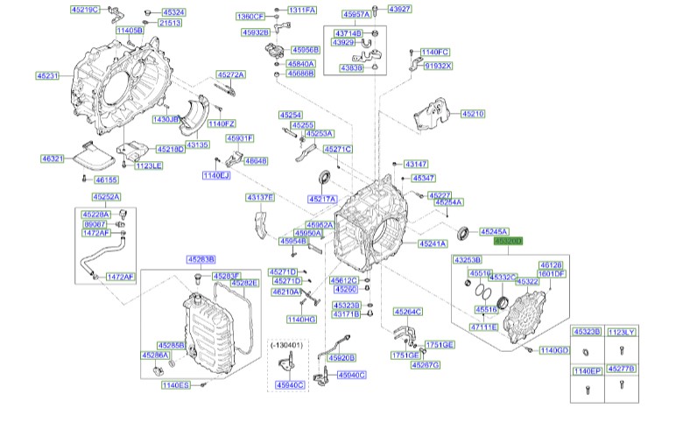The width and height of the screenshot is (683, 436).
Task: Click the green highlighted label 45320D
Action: click(508, 240)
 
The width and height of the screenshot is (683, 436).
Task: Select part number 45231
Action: click(47, 76)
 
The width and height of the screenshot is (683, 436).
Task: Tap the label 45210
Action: click(473, 114)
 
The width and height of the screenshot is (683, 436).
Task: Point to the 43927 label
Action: click(399, 9)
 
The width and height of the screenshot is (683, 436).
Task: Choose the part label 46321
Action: click(53, 158)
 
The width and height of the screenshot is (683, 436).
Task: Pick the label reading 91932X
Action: click(438, 66)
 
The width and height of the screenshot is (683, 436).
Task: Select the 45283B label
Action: click(201, 259)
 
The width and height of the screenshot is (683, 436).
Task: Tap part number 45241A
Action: click(433, 243)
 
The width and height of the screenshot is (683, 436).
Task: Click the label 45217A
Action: click(322, 199)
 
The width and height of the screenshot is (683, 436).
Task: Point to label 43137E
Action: click(260, 197)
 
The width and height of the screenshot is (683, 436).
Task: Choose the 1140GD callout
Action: click(554, 350)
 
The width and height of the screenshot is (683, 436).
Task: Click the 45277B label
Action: click(621, 370)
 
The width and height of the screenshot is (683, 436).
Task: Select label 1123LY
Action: click(621, 333)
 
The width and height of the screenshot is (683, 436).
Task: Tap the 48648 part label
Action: click(256, 161)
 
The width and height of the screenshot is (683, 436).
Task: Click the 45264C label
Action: click(408, 311)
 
